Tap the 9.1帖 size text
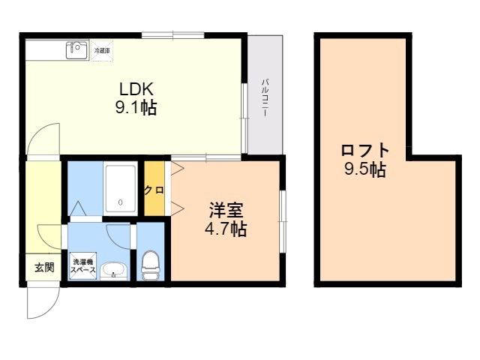(x=136, y=108)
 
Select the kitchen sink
(x=76, y=49)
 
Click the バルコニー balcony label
(x=265, y=96)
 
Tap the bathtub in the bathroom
(x=121, y=188)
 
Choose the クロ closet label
(x=154, y=190)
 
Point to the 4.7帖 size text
(x=226, y=229)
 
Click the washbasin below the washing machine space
(x=112, y=271)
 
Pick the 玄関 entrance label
(x=44, y=267)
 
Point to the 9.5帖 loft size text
(x=365, y=169)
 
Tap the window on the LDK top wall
(x=173, y=34)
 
